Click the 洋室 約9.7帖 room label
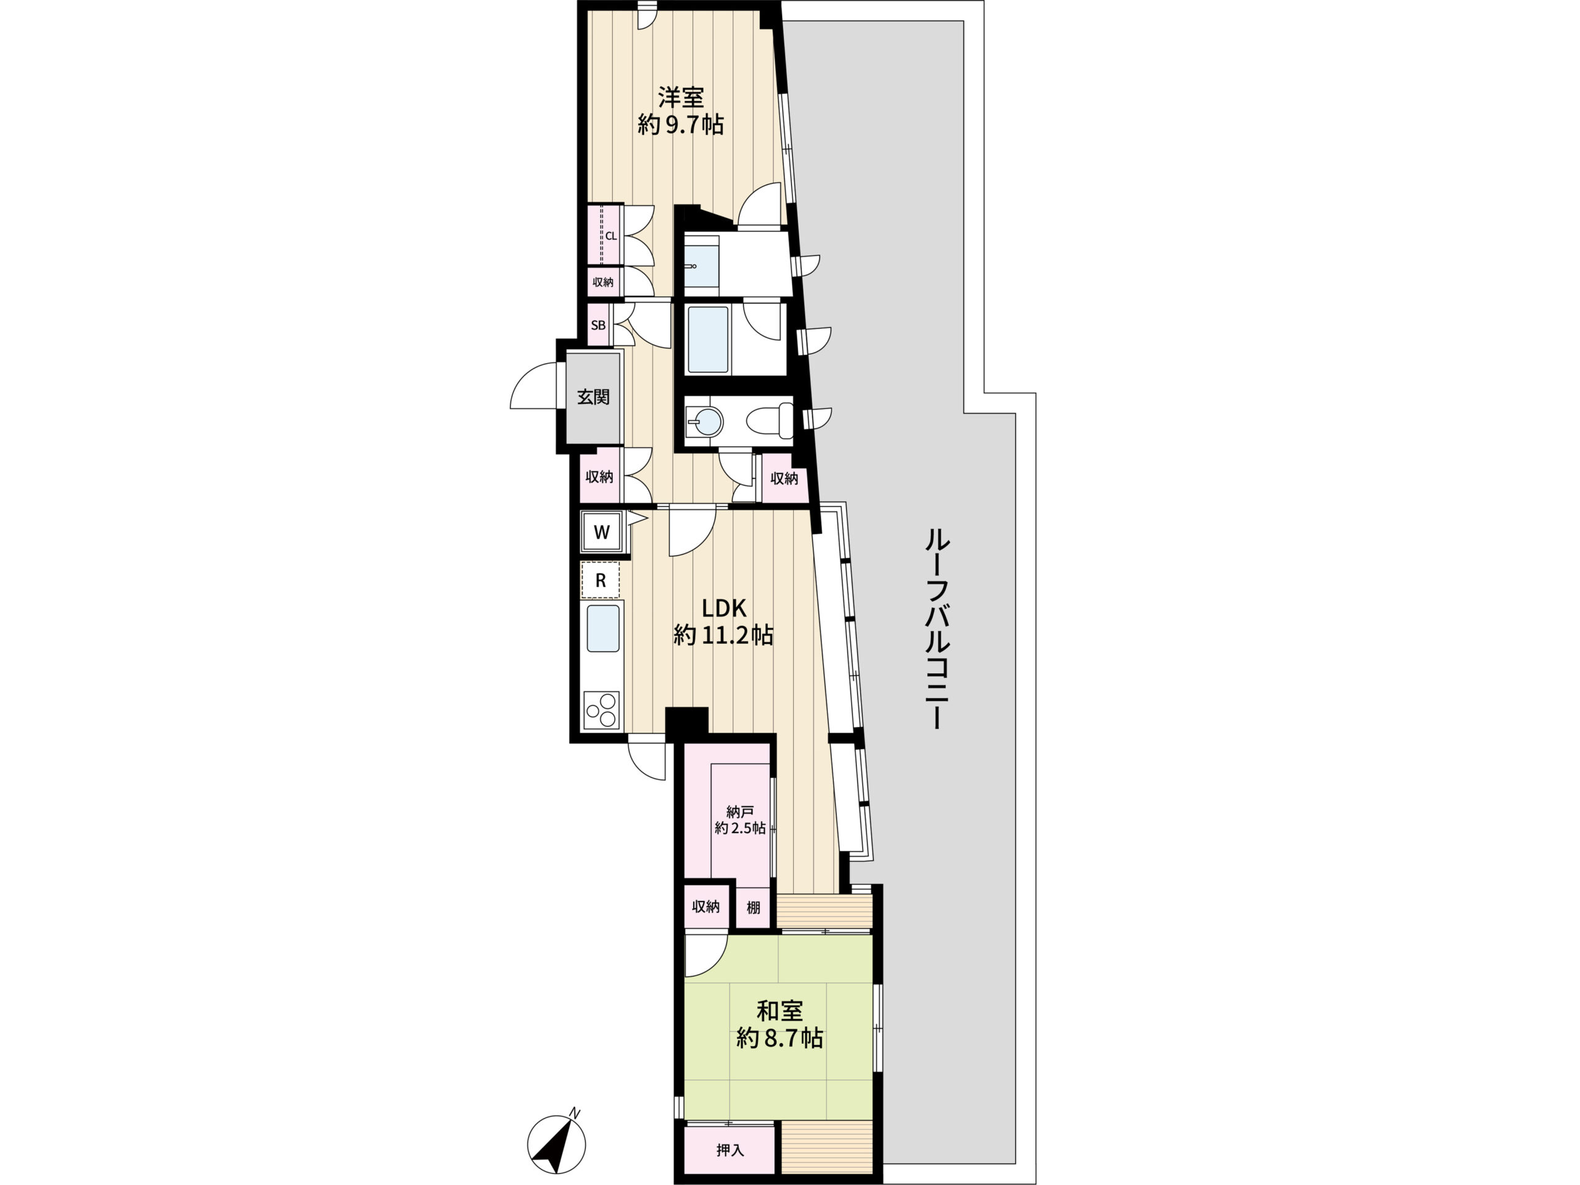tap(681, 110)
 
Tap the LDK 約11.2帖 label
tap(723, 621)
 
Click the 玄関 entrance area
tap(593, 397)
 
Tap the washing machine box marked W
tap(601, 532)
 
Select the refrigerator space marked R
tap(600, 580)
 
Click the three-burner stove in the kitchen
tap(601, 710)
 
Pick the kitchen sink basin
tap(603, 628)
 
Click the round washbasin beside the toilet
tap(705, 422)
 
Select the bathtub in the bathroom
tap(707, 339)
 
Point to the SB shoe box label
tap(598, 325)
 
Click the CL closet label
tap(612, 236)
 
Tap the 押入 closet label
tap(730, 1150)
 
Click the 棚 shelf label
tap(753, 908)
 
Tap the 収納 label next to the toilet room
tap(784, 478)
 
